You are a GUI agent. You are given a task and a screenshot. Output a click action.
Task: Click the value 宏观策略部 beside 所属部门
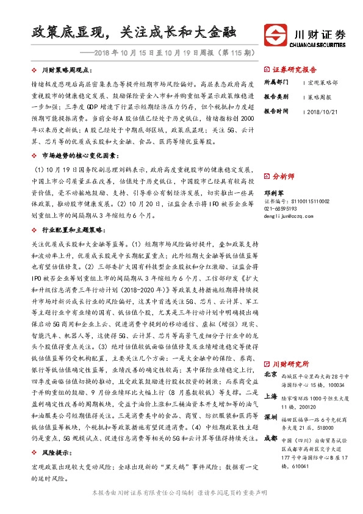[321, 82]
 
